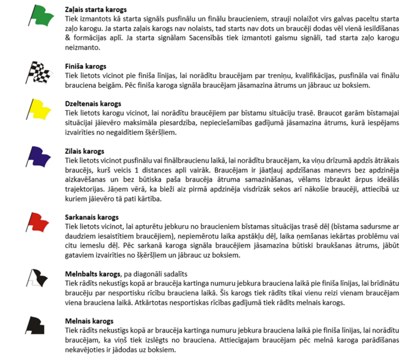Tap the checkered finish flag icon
tap(39, 72)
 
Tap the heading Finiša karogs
tap(85, 67)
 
